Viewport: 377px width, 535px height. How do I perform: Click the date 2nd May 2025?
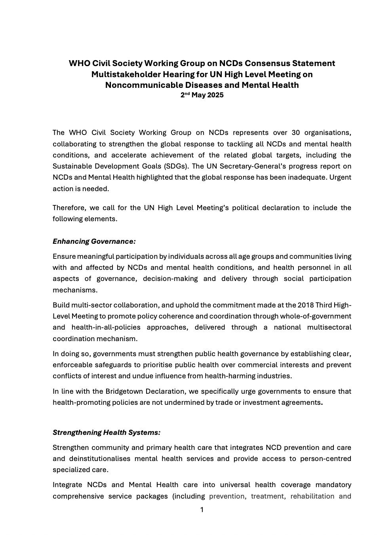pyautogui.click(x=202, y=95)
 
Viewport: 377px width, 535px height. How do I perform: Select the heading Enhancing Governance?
pyautogui.click(x=94, y=241)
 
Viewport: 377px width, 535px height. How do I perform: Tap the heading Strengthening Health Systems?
pyautogui.click(x=107, y=433)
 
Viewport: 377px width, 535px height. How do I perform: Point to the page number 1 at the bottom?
pyautogui.click(x=202, y=510)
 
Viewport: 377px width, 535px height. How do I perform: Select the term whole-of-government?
pyautogui.click(x=316, y=316)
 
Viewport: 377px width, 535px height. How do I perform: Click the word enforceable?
pyautogui.click(x=74, y=365)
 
